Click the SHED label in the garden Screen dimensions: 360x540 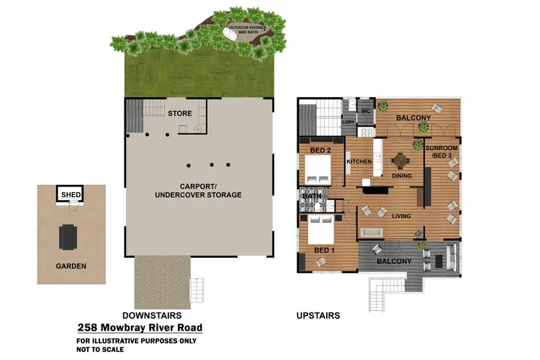[71, 194]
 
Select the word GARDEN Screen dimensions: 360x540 [71, 266]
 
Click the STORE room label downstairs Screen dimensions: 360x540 [179, 113]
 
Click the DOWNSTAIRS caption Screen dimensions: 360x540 [151, 315]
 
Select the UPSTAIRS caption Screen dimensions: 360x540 [318, 315]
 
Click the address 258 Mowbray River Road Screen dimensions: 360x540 [140, 328]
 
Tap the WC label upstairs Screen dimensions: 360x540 [365, 111]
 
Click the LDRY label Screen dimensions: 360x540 [348, 122]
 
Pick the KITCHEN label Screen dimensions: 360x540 [359, 162]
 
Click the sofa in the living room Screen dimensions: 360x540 [374, 232]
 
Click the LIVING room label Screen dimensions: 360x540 [401, 215]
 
